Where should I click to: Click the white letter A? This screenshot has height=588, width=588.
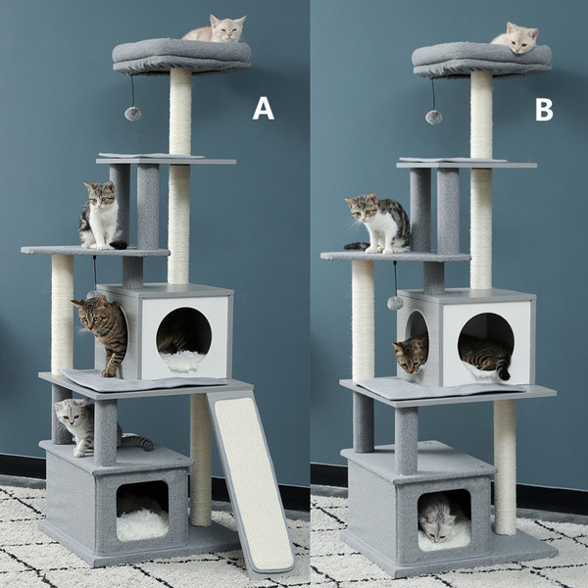point(263,108)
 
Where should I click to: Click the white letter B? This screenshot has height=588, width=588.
point(544,110)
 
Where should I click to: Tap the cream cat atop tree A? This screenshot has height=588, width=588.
point(217,29)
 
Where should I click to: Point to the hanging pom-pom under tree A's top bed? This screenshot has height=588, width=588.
point(132,113)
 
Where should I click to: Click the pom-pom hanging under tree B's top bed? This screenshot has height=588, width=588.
point(432,117)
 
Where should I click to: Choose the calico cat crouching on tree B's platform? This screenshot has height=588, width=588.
point(379,223)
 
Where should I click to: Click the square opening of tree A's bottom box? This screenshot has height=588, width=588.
point(142,510)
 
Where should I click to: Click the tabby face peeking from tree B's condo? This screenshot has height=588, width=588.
point(410,353)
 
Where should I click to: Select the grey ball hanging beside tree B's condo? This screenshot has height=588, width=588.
point(395,303)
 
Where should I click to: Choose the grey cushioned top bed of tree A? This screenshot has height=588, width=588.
point(181,55)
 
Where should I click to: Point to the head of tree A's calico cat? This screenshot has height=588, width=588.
point(99,194)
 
